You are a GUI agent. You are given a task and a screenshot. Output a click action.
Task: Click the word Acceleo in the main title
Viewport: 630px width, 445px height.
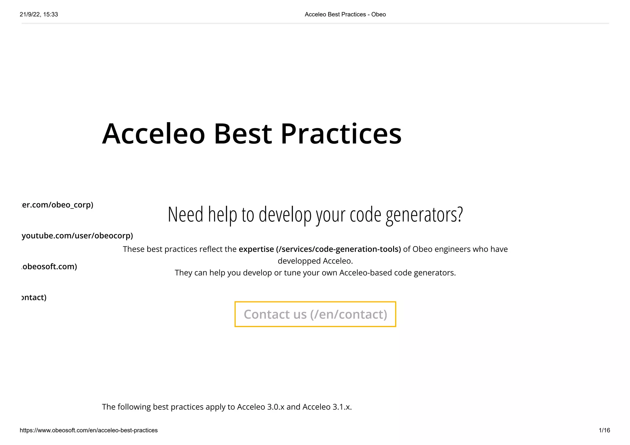tap(153, 134)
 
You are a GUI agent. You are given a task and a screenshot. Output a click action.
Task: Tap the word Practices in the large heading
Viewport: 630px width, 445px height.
tap(341, 134)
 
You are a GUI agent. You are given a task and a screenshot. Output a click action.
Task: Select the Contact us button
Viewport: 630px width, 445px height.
tap(315, 314)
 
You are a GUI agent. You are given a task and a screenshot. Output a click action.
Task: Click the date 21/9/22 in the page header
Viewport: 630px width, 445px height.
tap(30, 14)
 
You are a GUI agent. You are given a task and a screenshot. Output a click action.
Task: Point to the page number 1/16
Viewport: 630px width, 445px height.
tap(604, 430)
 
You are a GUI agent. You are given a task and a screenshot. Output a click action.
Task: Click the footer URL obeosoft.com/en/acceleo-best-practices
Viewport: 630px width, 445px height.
tap(89, 430)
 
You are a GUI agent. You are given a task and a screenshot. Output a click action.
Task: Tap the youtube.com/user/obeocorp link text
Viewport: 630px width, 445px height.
tap(77, 236)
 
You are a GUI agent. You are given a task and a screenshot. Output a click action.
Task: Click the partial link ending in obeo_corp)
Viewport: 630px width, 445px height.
tap(57, 205)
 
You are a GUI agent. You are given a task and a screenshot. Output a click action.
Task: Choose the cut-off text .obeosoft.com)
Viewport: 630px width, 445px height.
tap(49, 267)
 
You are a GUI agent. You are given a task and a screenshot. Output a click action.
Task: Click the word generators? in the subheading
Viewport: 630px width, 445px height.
tap(424, 215)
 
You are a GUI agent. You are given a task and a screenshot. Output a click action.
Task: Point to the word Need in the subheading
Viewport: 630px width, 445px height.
tap(185, 215)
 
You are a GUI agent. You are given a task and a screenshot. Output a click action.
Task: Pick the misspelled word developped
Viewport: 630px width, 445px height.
tap(298, 261)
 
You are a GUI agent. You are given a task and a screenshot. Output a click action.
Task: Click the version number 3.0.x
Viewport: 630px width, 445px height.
tap(276, 407)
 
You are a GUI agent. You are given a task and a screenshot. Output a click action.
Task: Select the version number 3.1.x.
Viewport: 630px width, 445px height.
tap(342, 407)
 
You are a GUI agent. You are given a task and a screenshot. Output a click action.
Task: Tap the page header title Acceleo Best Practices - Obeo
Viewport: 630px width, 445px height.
tap(345, 14)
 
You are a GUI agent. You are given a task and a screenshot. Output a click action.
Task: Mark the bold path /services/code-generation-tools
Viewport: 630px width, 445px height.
tap(338, 249)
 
